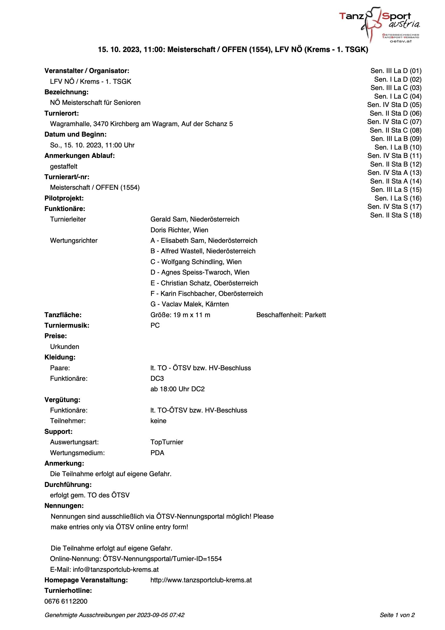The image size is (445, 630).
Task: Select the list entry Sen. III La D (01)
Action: [x=396, y=71]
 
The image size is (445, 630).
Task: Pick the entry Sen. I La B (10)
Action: [x=398, y=147]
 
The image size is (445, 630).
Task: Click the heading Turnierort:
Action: [x=61, y=113]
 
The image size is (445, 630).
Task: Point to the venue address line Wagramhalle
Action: [x=141, y=124]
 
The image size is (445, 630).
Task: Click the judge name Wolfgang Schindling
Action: [x=196, y=262]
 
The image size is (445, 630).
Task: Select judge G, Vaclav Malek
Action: [x=190, y=304]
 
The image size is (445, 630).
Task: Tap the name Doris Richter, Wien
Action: [x=179, y=230]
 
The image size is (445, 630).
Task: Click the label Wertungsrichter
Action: [x=74, y=241]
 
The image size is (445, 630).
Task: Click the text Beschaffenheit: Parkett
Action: [x=291, y=315]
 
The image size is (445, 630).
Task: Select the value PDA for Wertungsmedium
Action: [x=157, y=453]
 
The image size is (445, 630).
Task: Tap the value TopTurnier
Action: [x=167, y=442]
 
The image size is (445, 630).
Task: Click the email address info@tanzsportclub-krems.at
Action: [x=116, y=569]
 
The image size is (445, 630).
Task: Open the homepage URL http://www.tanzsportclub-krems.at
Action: [x=201, y=580]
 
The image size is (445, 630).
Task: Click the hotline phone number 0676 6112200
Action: [x=66, y=601]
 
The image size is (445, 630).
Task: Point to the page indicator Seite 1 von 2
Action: [x=397, y=615]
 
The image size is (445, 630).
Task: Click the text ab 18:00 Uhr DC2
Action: [x=177, y=389]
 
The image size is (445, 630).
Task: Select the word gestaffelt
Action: [x=64, y=167]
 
